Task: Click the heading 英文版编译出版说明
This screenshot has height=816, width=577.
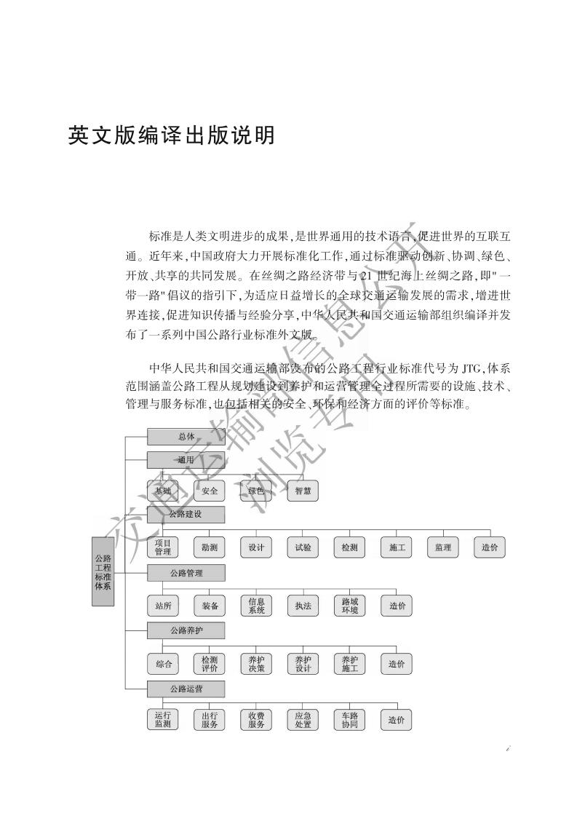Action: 171,135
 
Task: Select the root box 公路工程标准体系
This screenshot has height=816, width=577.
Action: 103,571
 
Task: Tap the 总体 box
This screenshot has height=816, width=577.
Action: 186,437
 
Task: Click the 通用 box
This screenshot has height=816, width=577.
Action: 186,460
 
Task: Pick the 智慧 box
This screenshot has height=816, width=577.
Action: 303,491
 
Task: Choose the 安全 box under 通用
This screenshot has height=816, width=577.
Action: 210,491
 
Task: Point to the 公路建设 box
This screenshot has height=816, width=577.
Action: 186,515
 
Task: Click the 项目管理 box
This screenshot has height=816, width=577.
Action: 163,547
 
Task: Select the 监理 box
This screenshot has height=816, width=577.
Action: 442,547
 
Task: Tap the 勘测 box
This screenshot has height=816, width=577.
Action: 210,547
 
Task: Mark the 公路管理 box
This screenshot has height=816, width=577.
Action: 186,573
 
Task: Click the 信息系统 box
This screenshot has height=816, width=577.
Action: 256,606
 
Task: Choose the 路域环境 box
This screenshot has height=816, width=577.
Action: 350,606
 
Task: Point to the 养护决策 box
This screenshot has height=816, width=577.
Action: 256,663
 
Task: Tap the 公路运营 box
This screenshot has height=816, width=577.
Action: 186,689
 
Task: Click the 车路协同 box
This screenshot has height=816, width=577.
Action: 350,721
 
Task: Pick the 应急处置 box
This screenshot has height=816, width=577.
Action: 303,721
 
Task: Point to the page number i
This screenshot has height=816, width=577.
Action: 508,748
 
